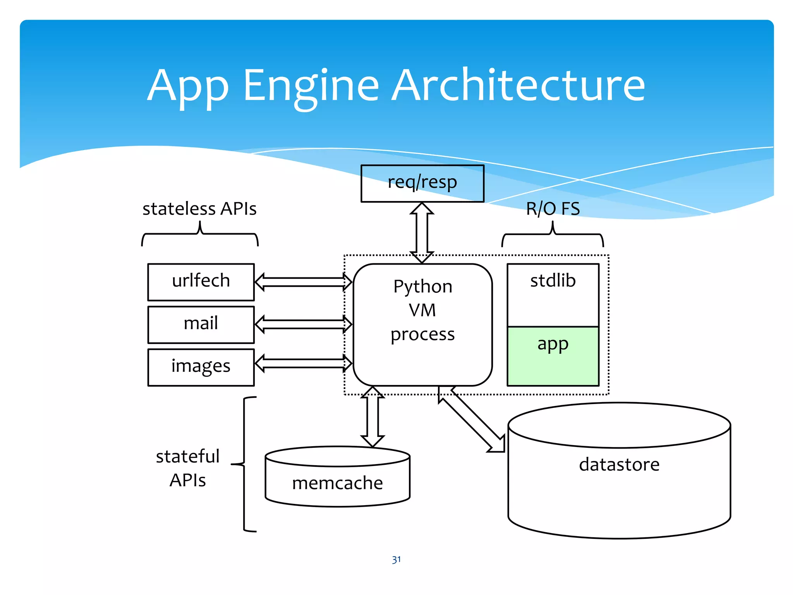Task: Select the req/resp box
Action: pos(422,183)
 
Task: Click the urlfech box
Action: pos(201,282)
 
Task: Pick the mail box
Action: pos(201,324)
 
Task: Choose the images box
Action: pos(201,367)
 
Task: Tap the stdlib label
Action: pos(553,280)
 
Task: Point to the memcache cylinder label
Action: pos(337,483)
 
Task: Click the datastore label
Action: pos(619,464)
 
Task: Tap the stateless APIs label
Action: pos(199,209)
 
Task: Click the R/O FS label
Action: pos(553,209)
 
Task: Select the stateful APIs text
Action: pos(188,468)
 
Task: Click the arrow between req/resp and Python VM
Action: pos(422,232)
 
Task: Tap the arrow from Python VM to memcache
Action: pos(372,416)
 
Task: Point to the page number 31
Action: pos(396,560)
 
